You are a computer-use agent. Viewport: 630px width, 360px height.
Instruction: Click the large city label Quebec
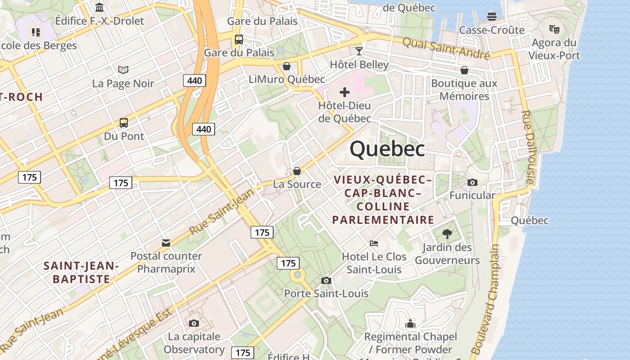387,149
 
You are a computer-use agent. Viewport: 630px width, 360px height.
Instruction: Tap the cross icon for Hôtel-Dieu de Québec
345,92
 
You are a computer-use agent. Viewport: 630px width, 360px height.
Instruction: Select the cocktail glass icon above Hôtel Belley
359,51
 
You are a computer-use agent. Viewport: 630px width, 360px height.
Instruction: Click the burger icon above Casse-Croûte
491,17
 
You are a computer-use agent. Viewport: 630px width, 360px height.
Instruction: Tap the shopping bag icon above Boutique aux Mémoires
464,70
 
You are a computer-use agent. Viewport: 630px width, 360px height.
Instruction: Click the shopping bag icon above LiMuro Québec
287,67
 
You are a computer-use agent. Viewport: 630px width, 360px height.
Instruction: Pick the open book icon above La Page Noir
123,70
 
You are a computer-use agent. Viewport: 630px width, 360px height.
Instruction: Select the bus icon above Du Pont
124,122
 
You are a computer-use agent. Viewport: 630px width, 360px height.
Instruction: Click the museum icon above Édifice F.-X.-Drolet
99,7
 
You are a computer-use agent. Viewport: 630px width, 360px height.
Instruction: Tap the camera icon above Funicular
472,182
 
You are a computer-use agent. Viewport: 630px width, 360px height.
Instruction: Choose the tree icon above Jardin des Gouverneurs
447,234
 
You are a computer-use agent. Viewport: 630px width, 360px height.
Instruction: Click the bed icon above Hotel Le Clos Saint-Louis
374,243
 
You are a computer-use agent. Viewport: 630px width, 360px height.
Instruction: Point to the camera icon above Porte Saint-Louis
326,280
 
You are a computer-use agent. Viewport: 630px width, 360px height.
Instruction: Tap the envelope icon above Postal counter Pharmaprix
166,243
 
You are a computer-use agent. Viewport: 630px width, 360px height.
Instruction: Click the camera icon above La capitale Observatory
194,323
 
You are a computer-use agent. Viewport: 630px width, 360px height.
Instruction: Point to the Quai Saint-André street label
445,48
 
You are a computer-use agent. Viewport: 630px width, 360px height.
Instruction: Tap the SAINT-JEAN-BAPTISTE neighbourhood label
81,273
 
